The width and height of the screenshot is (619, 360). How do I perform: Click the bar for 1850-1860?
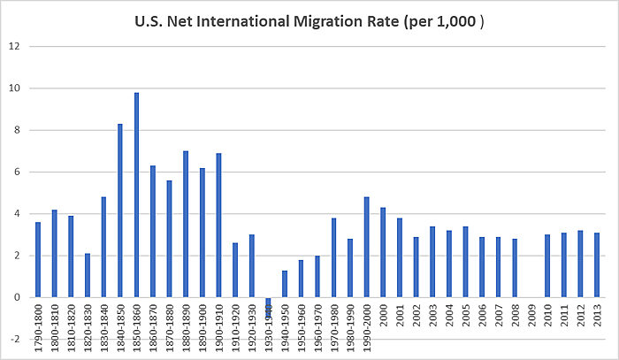click(x=137, y=195)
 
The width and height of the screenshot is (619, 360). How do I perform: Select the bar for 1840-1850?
click(x=120, y=211)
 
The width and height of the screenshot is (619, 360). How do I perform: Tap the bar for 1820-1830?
click(x=88, y=275)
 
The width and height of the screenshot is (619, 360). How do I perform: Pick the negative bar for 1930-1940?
click(x=268, y=307)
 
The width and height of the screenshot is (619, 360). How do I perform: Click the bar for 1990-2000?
click(x=366, y=247)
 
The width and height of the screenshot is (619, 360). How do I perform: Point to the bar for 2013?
click(x=597, y=264)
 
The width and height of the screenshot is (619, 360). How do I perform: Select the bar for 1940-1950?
click(x=285, y=284)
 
